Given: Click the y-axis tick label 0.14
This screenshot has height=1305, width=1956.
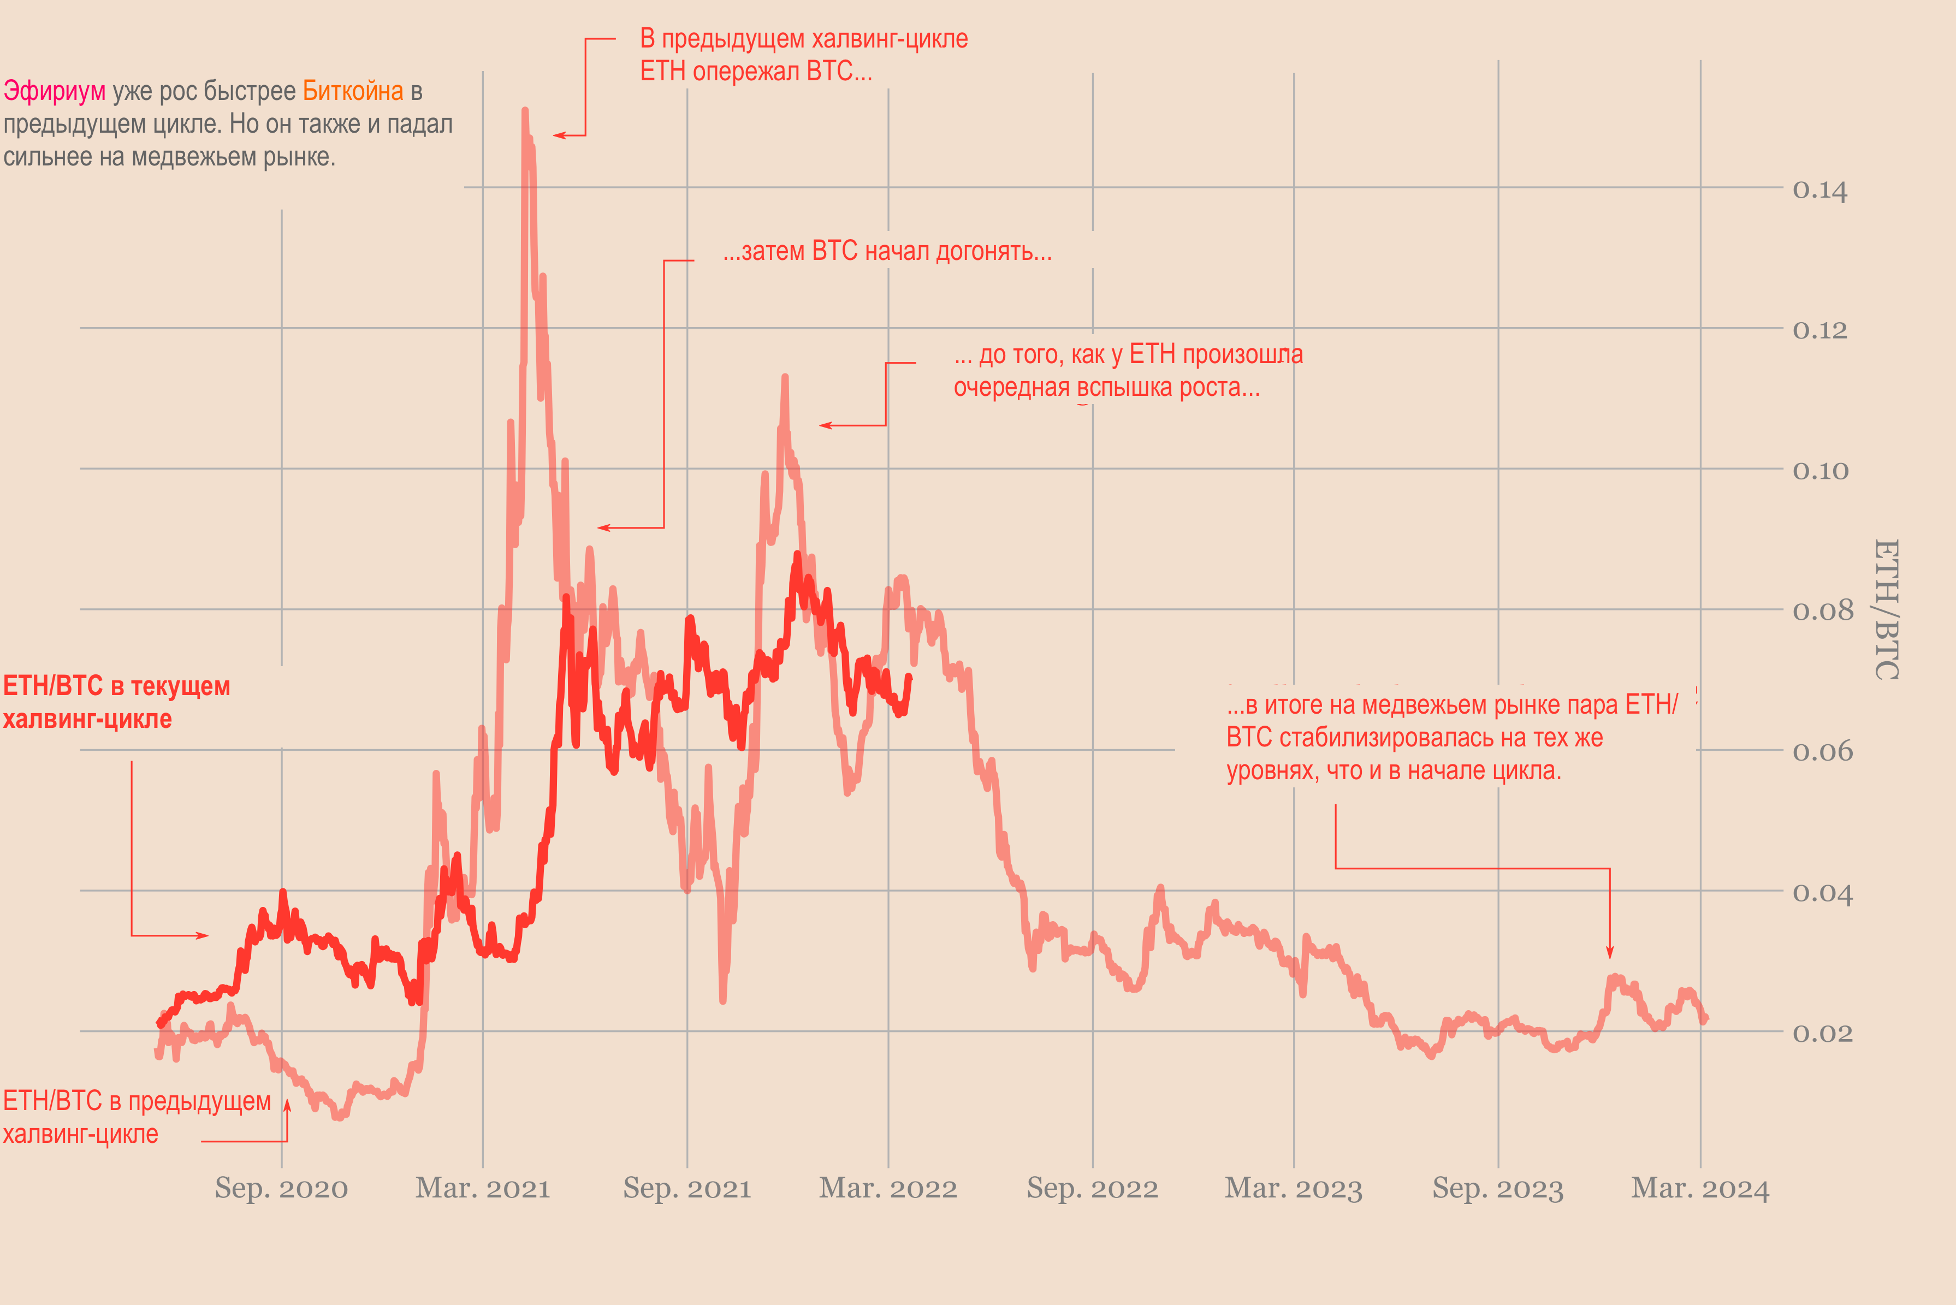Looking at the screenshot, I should [x=1819, y=191].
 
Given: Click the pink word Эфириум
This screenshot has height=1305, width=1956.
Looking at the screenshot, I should [x=55, y=91].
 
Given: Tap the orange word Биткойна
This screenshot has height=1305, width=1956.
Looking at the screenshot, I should [x=353, y=91].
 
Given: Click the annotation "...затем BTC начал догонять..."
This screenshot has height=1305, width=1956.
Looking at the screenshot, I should [x=887, y=251].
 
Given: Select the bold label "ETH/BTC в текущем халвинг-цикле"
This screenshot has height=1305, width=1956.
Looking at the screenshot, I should [x=116, y=702].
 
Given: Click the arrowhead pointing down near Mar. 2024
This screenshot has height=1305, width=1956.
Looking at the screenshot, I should [x=1610, y=953].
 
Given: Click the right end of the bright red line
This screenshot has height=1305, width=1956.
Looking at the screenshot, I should [x=910, y=677].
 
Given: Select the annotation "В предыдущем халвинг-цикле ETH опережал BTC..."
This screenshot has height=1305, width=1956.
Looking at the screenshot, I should [x=803, y=55].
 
